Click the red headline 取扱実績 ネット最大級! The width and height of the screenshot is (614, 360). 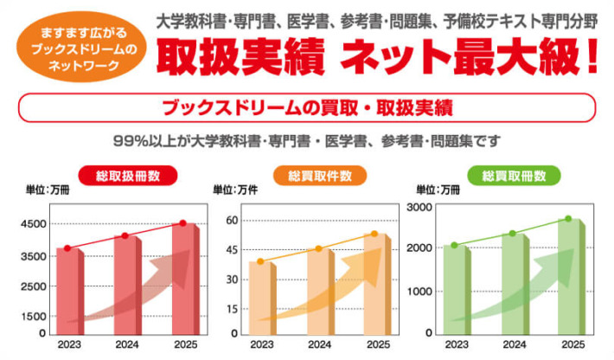377,55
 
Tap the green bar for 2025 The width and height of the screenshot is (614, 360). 568,277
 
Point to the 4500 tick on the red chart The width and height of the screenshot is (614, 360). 35,224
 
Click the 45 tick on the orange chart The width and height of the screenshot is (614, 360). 232,251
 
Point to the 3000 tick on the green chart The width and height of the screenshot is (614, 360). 419,207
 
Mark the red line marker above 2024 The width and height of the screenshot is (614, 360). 125,236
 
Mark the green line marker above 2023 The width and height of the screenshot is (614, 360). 454,245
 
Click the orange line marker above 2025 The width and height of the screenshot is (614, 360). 374,234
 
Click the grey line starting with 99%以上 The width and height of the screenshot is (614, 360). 307,139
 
